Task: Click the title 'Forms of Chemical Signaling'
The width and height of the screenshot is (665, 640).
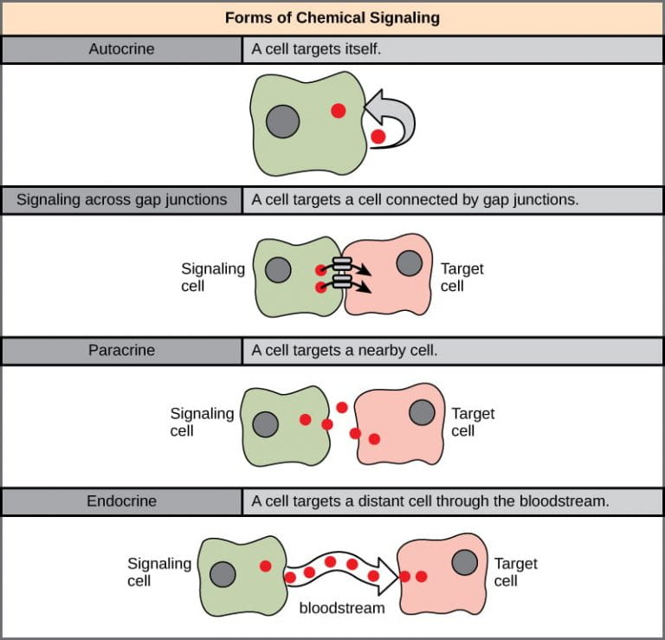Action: tap(332, 17)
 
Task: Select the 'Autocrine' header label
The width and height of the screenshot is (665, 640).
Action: tap(122, 49)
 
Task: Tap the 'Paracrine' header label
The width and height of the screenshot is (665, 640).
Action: tap(122, 350)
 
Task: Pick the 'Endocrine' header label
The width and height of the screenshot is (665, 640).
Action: tap(122, 501)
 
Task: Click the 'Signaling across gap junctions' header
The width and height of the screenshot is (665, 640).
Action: tap(122, 200)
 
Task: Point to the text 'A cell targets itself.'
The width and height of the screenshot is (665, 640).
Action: tap(316, 49)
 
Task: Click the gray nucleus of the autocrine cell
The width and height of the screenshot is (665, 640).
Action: tap(282, 121)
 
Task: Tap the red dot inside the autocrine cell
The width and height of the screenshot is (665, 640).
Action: tap(338, 110)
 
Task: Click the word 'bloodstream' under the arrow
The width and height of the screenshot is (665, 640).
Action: tap(341, 608)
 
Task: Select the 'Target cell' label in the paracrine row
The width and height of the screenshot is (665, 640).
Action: tap(473, 422)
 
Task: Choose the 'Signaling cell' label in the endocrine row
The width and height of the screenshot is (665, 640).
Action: tap(158, 572)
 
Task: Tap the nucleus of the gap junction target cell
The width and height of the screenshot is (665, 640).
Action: tap(409, 261)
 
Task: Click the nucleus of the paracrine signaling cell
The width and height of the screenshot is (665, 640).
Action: tap(265, 423)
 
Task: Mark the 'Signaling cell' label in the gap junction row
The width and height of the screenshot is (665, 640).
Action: tap(212, 276)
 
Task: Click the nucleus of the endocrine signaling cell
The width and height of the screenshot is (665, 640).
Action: tap(223, 573)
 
